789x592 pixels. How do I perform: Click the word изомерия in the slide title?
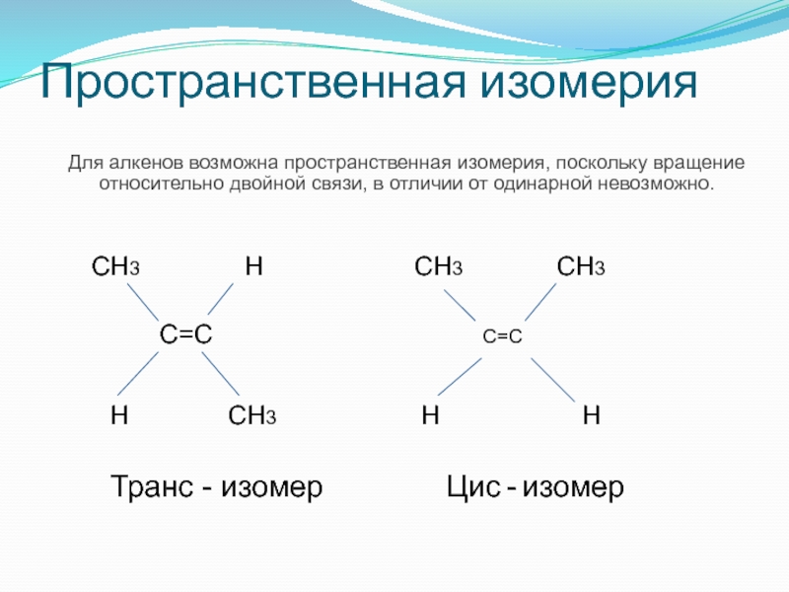[x=590, y=85]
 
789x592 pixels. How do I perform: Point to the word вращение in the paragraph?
[x=699, y=162]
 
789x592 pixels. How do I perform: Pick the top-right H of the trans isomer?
[x=254, y=266]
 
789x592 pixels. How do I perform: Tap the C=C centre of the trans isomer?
[x=186, y=335]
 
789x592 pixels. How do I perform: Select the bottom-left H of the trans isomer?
[x=118, y=415]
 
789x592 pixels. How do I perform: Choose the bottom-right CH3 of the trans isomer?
[x=251, y=415]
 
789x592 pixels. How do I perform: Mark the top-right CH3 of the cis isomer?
[x=581, y=266]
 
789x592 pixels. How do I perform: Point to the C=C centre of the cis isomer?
[x=502, y=336]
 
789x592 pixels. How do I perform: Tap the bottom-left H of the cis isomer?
[x=430, y=415]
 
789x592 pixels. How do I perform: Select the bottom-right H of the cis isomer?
[x=591, y=415]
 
